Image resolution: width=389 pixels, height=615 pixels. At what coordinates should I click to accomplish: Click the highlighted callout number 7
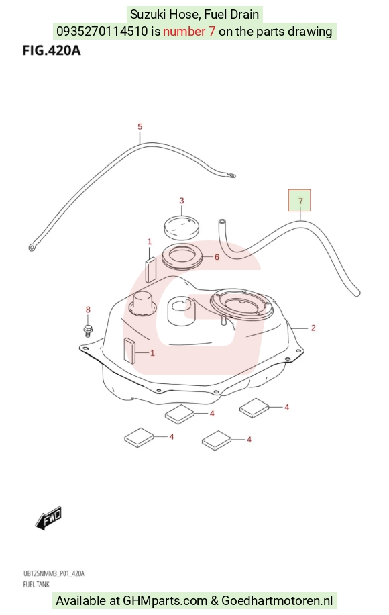click(x=300, y=201)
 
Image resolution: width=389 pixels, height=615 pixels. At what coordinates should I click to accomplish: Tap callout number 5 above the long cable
click(x=140, y=127)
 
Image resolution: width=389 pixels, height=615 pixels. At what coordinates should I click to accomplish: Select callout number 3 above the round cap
click(x=181, y=201)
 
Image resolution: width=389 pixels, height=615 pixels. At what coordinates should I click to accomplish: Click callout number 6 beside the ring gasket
click(x=216, y=257)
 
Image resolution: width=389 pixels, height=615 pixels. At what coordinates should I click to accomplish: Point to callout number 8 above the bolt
click(x=88, y=310)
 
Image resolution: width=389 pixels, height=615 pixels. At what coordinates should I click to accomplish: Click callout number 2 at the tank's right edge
click(x=313, y=328)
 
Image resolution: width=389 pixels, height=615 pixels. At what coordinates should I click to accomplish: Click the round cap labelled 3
click(x=181, y=226)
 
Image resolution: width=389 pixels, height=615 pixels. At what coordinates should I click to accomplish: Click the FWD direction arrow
click(x=48, y=518)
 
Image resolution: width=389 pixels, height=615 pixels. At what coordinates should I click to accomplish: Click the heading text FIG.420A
click(x=52, y=50)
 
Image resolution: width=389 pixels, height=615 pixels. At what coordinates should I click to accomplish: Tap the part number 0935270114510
click(x=102, y=32)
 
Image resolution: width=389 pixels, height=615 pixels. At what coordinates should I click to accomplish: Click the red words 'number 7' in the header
click(x=189, y=32)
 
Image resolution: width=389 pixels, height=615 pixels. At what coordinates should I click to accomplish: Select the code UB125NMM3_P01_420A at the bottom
click(x=54, y=574)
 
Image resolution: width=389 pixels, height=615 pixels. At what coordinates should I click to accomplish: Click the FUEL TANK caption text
click(x=36, y=584)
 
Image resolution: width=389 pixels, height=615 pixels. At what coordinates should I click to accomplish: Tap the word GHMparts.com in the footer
click(x=165, y=600)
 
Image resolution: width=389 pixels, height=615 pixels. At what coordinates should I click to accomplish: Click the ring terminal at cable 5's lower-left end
click(x=32, y=247)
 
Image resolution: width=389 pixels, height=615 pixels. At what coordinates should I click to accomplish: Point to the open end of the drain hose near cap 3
click(x=221, y=222)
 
